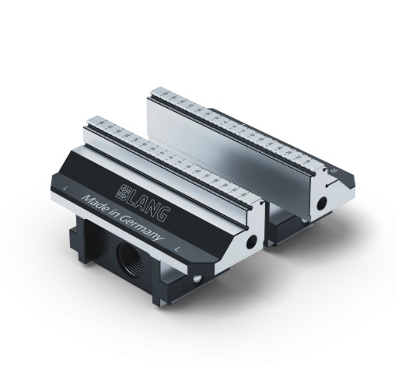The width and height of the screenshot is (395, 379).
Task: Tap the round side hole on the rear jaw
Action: (322, 203)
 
